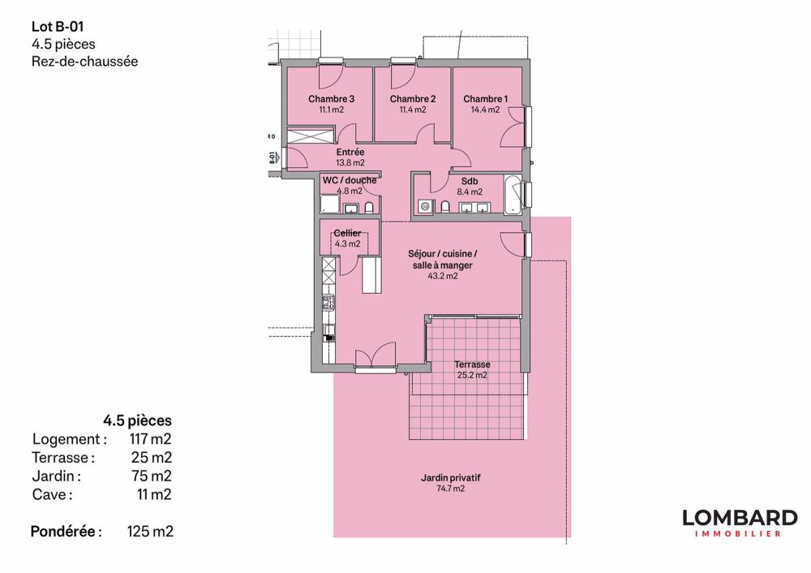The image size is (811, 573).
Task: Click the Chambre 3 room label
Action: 332,99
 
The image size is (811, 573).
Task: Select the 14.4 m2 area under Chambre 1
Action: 485,110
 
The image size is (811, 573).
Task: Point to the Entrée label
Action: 350,152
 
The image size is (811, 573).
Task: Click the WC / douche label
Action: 349,180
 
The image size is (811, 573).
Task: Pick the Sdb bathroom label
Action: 470,181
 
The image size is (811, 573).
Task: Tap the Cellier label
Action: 347,233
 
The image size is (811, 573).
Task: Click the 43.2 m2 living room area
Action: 443,276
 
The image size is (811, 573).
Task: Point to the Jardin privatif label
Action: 451,478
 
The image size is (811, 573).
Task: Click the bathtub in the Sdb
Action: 513,194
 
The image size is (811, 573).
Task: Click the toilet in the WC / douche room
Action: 370,208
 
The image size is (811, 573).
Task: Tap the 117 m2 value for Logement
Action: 150,439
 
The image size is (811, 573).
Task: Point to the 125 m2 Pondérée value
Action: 150,532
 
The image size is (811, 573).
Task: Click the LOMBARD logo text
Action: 739,517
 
